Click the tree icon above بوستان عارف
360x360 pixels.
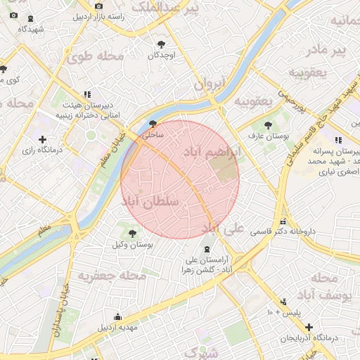point(268,124)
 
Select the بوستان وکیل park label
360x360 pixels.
point(132,244)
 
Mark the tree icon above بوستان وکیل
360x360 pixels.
point(132,231)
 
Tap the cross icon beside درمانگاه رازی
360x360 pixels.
point(43,139)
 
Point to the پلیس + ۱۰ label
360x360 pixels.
point(285,311)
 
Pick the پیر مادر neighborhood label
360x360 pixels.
point(330,50)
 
